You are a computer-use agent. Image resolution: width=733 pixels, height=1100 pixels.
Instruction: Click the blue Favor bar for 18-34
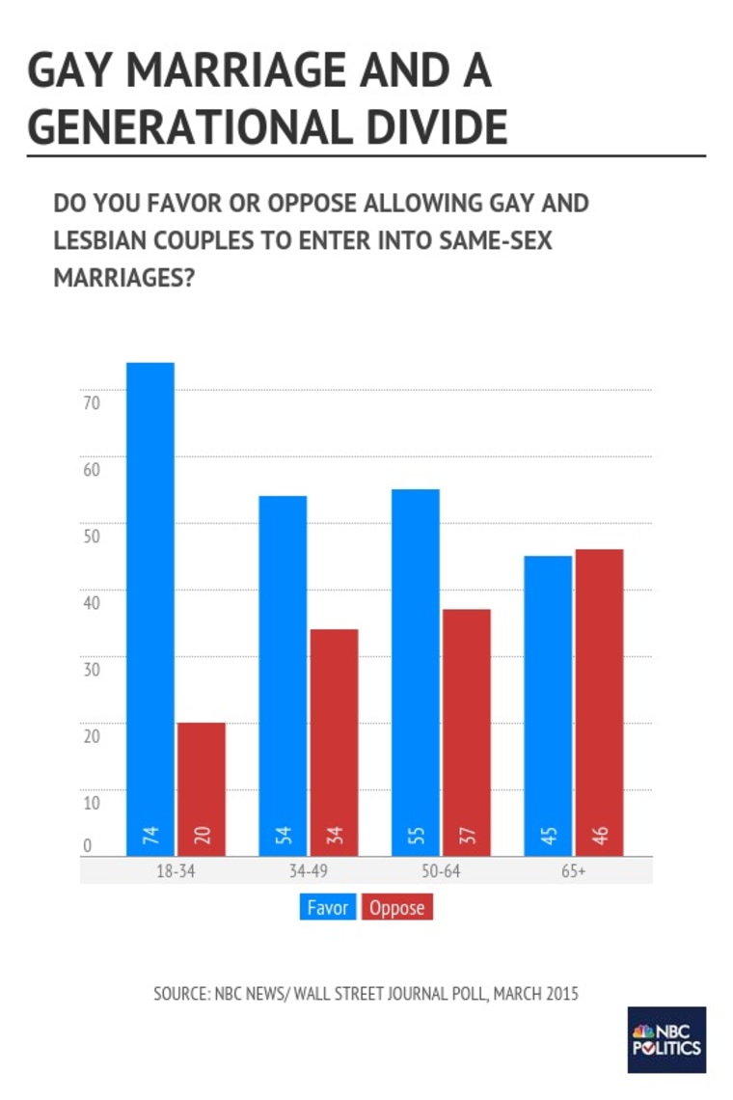[149, 608]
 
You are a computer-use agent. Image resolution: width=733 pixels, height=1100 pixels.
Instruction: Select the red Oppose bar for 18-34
[201, 788]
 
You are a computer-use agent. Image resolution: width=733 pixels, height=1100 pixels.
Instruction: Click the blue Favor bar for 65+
[548, 704]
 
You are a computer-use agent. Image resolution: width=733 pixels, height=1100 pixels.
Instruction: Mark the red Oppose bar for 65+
[599, 701]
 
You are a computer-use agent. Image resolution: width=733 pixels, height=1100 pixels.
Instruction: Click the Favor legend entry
[328, 908]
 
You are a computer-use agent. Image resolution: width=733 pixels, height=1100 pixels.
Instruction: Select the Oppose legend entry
[397, 908]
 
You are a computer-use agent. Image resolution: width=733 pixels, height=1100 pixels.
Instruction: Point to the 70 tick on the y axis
[91, 403]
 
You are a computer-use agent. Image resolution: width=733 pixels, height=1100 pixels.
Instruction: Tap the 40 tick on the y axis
[91, 603]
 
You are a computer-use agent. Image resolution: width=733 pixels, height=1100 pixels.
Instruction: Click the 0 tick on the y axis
[86, 846]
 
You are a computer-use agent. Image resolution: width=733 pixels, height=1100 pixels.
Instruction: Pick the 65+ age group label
[573, 870]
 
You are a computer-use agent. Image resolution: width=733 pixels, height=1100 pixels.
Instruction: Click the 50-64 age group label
[440, 870]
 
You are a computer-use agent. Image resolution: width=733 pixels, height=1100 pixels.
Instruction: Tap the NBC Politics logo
[666, 1040]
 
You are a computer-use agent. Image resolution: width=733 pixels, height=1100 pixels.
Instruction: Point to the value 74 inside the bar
[149, 836]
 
